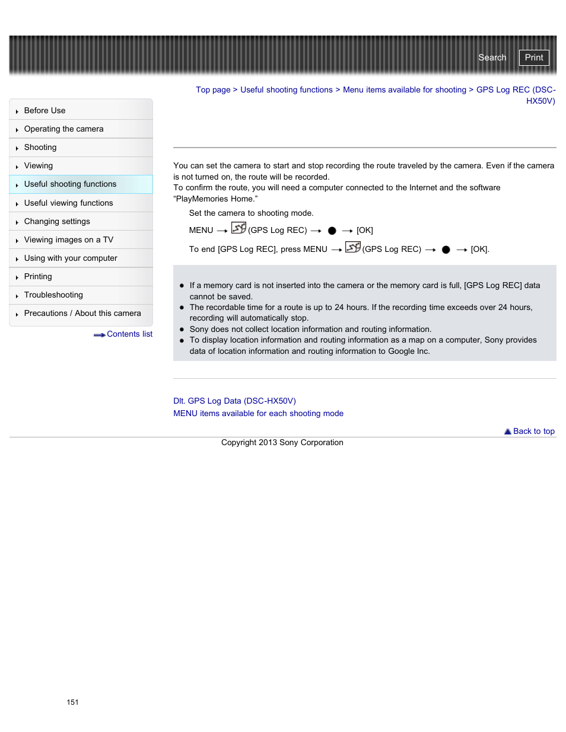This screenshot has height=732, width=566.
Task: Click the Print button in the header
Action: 533,57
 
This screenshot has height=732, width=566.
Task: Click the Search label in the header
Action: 492,57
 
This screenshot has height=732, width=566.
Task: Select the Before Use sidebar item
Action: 44,111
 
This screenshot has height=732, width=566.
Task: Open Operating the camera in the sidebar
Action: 63,129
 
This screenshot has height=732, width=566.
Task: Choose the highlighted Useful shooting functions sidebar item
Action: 70,184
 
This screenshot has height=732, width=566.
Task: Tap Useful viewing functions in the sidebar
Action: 68,203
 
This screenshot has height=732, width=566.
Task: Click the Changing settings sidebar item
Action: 57,222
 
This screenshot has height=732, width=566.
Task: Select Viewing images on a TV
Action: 68,240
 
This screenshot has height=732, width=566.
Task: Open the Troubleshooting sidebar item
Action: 53,295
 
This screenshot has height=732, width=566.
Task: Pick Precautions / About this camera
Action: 82,314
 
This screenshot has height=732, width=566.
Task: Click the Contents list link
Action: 129,334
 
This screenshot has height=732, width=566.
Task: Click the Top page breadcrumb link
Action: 213,90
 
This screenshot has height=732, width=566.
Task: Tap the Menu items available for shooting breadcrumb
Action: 404,90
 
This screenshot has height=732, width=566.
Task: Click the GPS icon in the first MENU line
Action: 239,228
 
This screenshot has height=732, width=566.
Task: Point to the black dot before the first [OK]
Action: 332,231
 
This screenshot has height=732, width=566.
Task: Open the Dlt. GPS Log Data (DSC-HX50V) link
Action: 234,401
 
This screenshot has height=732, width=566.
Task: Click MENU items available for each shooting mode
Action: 258,414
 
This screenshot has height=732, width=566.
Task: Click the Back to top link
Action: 533,431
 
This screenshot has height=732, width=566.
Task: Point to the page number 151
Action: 72,702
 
